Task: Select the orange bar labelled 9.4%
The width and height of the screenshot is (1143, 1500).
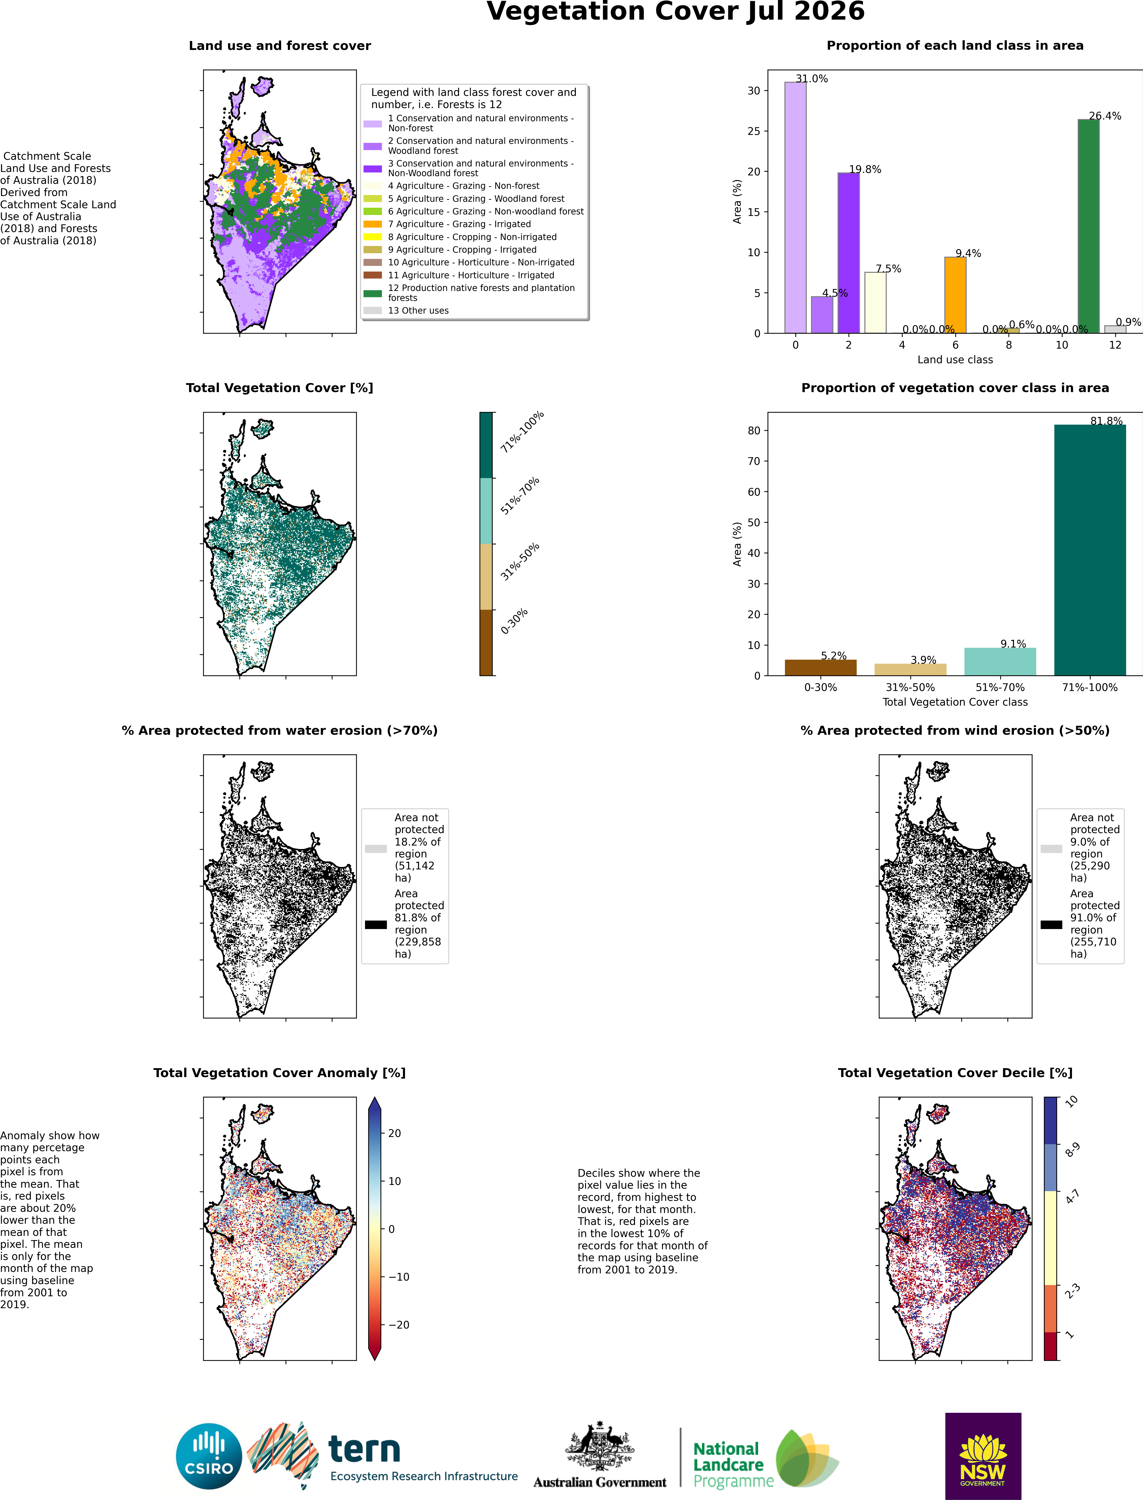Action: click(x=955, y=295)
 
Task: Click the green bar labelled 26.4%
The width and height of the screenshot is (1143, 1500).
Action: click(x=1089, y=227)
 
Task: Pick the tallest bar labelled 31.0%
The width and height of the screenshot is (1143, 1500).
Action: click(x=795, y=207)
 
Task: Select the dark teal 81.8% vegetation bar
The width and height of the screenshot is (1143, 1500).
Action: click(x=1090, y=550)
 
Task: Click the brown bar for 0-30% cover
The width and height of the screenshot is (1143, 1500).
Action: click(x=820, y=668)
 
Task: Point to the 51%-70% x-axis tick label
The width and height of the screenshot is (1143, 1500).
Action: click(x=1000, y=688)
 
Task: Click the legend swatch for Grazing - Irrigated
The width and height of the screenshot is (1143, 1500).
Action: click(x=373, y=224)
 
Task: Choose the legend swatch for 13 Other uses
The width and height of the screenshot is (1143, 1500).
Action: click(x=373, y=310)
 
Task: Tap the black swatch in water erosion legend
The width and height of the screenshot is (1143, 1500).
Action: click(x=375, y=924)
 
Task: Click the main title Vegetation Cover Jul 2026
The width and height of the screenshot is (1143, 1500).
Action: click(x=676, y=12)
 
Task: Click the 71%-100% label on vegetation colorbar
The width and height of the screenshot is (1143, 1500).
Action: click(x=522, y=432)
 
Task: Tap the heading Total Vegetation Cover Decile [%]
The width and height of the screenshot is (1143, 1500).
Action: click(x=955, y=1073)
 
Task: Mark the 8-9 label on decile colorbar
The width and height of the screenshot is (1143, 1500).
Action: click(x=1072, y=1149)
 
